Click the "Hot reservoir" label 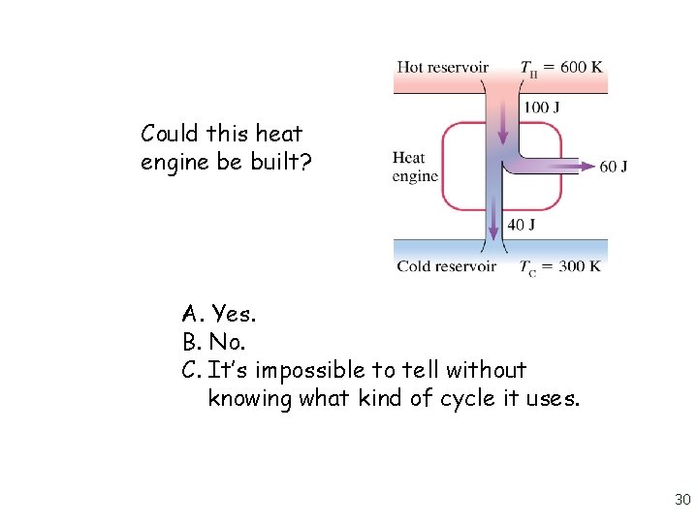442,67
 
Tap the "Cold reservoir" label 445,266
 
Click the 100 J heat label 541,108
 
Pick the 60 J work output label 613,167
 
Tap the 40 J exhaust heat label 521,225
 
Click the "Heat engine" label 414,167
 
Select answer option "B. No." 213,342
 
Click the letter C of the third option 189,370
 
